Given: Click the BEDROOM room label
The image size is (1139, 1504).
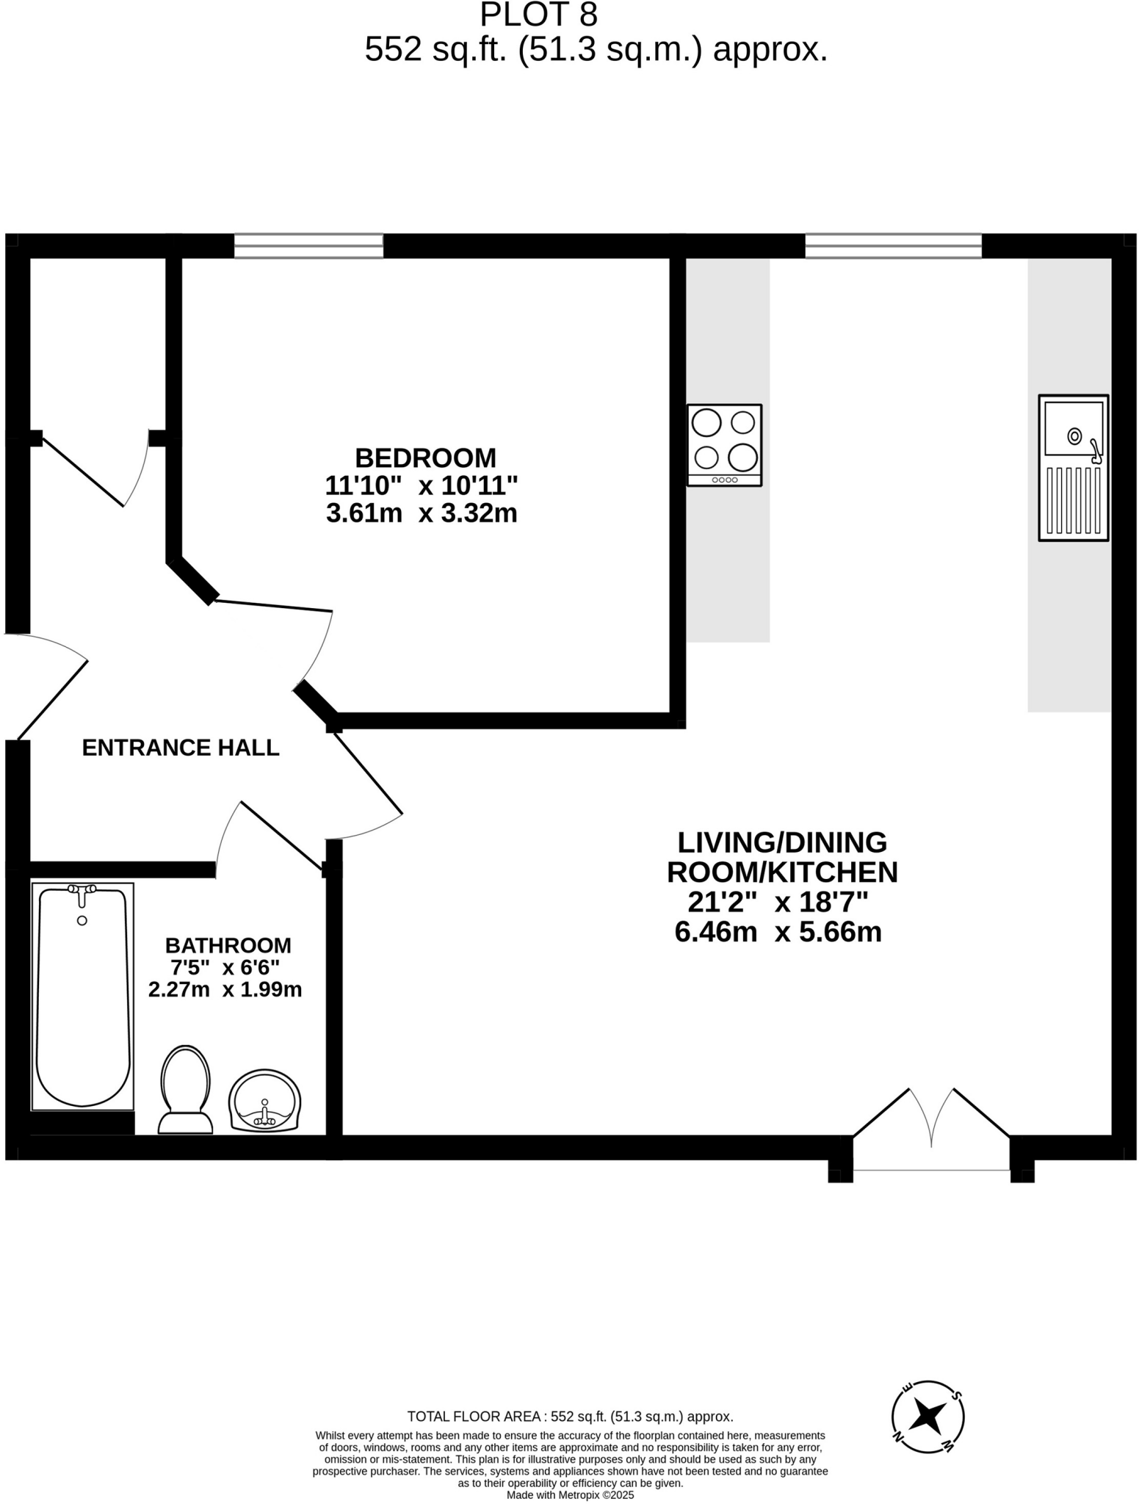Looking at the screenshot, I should (425, 458).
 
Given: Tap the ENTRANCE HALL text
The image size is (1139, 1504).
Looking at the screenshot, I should (181, 748).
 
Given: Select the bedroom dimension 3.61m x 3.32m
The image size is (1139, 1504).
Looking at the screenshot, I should (422, 513).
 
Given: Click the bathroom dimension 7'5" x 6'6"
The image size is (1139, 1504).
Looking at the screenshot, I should (225, 967).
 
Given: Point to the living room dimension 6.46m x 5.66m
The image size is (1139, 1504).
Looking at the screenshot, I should (778, 932).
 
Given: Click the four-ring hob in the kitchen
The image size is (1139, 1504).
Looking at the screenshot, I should (724, 445).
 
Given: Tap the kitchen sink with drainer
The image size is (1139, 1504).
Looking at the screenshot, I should (1073, 468).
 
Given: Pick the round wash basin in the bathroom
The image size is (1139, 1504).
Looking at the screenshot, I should (264, 1100).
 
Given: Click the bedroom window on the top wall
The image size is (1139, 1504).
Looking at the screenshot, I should (308, 246).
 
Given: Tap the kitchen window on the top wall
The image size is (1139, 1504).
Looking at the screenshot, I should (893, 246).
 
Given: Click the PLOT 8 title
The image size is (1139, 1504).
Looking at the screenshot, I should (538, 15).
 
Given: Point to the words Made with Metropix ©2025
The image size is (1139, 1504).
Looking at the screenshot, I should (570, 1494).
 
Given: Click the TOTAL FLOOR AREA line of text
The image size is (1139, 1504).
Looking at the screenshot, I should (570, 1417).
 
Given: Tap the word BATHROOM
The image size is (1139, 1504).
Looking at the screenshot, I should (228, 945).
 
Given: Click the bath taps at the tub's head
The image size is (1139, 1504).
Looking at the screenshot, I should (82, 890).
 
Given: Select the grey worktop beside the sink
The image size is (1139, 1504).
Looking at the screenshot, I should (1069, 624).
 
